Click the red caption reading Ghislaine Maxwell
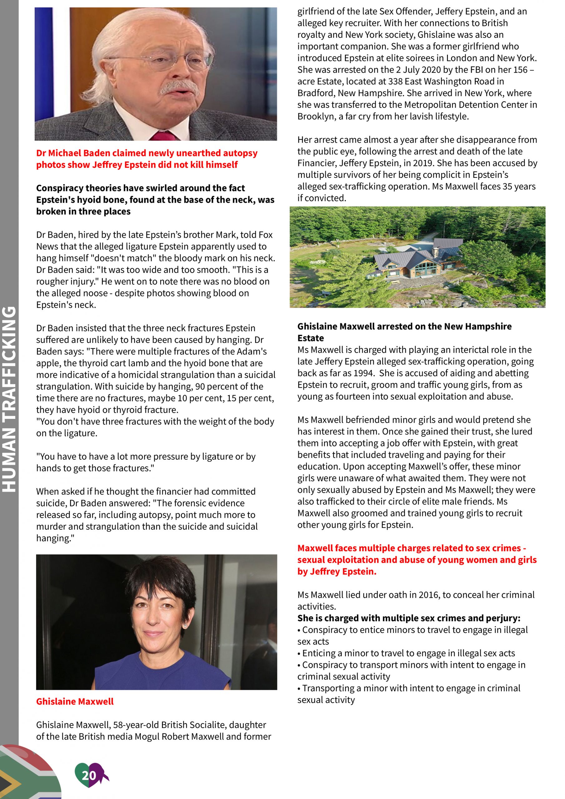click(75, 701)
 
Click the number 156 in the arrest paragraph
click(520, 70)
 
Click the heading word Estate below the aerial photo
click(311, 338)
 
